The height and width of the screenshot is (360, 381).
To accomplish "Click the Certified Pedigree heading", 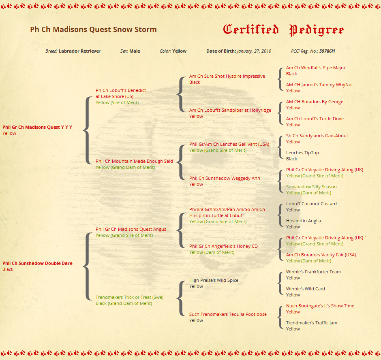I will (283, 30).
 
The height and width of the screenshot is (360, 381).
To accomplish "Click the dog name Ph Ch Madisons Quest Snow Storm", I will (93, 30).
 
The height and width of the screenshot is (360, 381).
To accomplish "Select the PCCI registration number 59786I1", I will (327, 51).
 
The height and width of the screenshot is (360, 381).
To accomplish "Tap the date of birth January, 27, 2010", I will (254, 51).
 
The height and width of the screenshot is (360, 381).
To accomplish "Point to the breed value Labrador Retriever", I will (79, 51).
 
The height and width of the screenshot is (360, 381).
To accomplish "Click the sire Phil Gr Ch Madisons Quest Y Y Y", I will (37, 127).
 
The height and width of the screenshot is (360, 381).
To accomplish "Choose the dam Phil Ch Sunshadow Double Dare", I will (37, 263).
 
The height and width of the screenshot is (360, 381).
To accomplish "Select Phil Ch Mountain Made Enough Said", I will (134, 161).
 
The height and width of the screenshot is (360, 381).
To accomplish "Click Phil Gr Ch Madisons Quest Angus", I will (131, 229).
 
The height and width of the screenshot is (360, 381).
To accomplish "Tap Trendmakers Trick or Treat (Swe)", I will (129, 297).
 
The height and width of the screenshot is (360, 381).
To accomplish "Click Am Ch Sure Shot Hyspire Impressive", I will (227, 76).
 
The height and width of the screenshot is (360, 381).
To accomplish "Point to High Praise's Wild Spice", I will (214, 280).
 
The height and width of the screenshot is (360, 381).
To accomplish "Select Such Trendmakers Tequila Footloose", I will (228, 314).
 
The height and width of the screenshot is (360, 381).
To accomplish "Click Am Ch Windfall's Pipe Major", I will (316, 68).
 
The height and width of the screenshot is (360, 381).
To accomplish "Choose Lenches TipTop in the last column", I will (302, 153).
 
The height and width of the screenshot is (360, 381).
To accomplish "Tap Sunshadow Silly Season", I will (311, 187).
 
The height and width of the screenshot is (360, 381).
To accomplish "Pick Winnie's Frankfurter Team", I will (313, 272).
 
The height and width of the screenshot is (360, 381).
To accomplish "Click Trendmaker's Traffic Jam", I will (311, 323).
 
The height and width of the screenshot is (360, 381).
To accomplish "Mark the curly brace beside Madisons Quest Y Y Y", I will (86, 130).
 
